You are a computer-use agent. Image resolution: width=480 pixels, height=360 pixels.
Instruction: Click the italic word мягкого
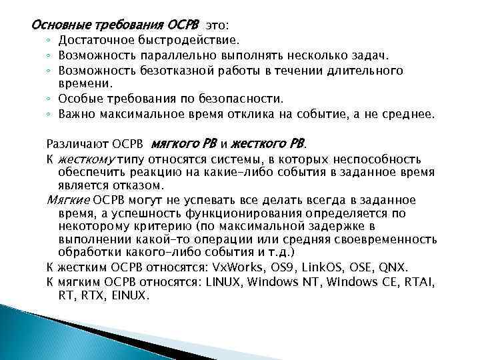click(x=175, y=143)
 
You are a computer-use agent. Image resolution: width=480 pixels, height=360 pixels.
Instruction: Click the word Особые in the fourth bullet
click(x=78, y=99)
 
